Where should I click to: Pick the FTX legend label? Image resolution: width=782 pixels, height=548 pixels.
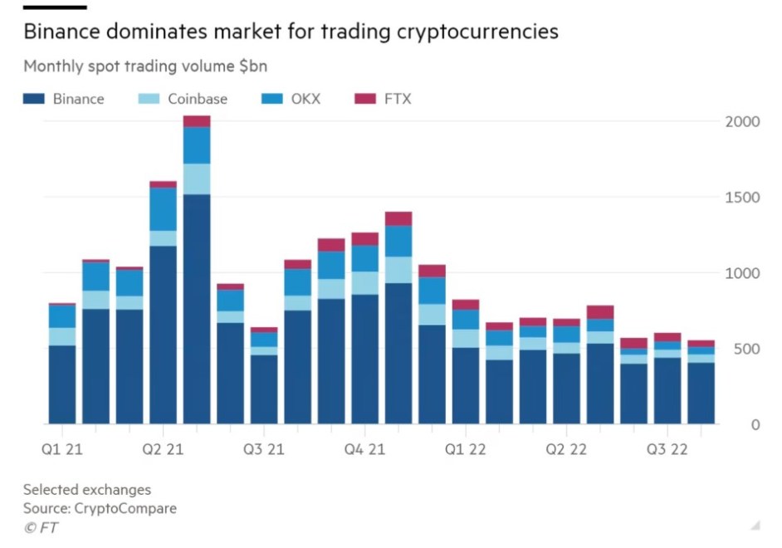(397, 99)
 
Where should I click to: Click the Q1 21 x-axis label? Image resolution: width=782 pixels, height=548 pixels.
(62, 450)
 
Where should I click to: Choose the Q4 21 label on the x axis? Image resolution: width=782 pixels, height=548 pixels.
(364, 450)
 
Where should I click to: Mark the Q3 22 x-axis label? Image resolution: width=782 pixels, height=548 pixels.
(667, 450)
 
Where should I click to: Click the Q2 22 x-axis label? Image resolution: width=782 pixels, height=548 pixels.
(566, 450)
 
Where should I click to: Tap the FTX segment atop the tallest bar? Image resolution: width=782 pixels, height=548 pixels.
(197, 121)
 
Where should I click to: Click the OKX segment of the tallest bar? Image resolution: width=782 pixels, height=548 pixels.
(197, 145)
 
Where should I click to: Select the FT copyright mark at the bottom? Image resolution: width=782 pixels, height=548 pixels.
(41, 527)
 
